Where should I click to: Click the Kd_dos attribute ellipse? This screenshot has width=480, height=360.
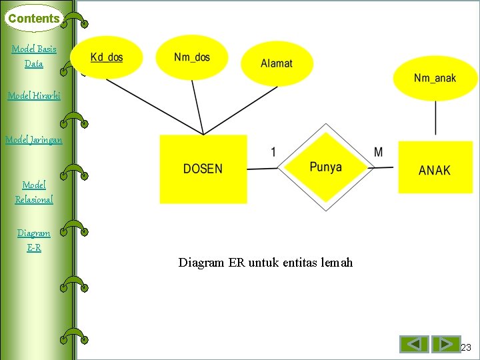coord(107,57)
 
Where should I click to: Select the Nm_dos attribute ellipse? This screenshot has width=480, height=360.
coord(192,57)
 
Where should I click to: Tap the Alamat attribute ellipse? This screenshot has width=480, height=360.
coord(276,63)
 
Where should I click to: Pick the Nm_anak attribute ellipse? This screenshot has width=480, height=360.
coord(435,78)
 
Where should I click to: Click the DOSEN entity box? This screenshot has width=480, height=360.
coord(203,169)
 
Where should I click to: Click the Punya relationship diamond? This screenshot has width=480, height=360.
coord(325,167)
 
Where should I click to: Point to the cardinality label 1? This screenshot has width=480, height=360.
coord(273,152)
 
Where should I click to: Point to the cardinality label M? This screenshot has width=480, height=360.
coord(379,152)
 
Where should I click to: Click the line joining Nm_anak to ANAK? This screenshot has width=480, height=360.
coord(435,120)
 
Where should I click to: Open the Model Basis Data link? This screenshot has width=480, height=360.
coord(34,56)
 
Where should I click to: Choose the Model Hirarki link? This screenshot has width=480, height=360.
coord(34,95)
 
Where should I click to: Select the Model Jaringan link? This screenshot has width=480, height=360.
coord(34,139)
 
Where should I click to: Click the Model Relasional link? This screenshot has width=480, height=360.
coord(34,192)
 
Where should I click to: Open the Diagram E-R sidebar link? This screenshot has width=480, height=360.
coord(34,240)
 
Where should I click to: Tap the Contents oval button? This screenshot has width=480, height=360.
coord(34,19)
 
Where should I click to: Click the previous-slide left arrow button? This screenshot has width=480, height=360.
coord(414,344)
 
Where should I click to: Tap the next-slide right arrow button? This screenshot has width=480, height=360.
coord(445,344)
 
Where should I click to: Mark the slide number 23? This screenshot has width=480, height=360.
coord(466,347)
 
